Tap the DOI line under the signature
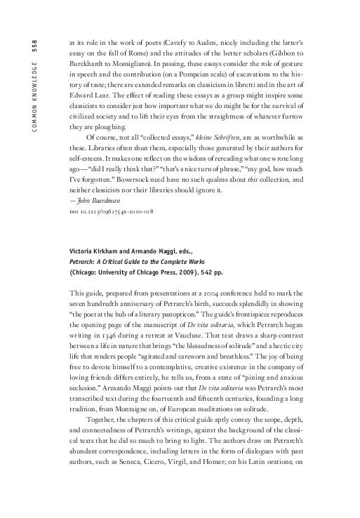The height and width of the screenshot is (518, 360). (x=105, y=211)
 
